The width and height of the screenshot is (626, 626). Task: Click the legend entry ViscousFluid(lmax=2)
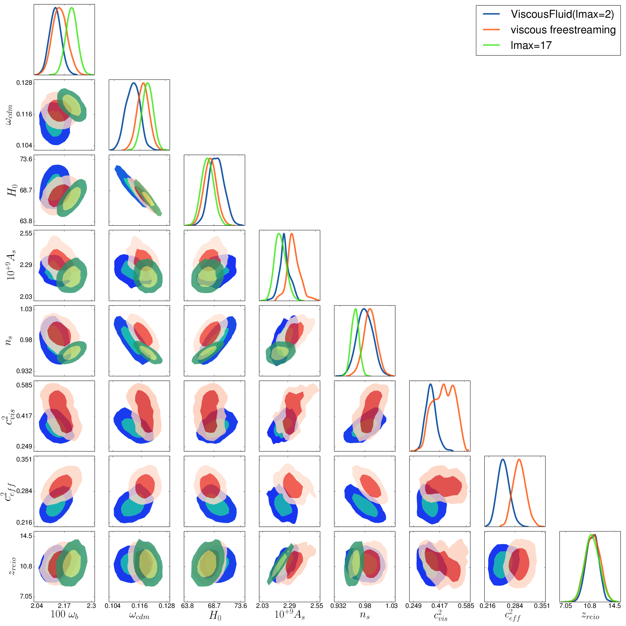[562, 14]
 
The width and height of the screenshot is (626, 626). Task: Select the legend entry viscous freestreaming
[563, 30]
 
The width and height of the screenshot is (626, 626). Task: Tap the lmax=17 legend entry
[531, 45]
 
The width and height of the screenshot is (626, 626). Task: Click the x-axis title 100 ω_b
[64, 614]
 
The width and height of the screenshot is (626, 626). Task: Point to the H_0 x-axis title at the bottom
[215, 615]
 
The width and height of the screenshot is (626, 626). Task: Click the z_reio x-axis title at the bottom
[590, 615]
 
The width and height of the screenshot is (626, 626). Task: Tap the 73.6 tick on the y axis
[26, 159]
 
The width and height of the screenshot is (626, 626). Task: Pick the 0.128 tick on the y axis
[24, 83]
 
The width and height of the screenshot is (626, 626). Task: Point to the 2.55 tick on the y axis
[26, 233]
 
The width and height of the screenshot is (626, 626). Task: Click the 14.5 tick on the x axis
[614, 606]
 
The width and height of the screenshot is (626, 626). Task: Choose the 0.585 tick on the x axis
[466, 606]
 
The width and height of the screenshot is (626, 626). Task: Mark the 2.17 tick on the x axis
[64, 606]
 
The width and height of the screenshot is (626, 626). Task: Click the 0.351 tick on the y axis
[24, 459]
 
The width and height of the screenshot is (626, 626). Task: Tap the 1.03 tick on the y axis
[26, 309]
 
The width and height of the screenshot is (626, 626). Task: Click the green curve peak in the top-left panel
[72, 8]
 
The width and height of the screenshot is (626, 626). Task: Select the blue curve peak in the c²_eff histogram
[502, 459]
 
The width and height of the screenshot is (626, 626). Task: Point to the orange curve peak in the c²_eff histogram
[519, 459]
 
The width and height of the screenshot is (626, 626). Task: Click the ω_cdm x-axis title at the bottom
[139, 615]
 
